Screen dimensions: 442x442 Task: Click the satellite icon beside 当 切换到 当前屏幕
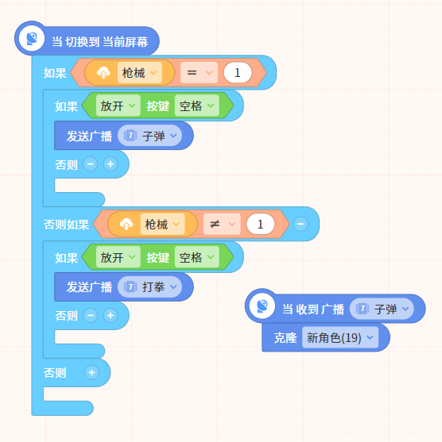[32, 38]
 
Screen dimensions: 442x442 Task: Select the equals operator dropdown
[199, 73]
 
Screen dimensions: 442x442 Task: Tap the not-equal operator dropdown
[222, 224]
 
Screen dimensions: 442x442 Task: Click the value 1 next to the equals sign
[238, 73]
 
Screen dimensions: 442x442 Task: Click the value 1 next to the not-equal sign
[261, 224]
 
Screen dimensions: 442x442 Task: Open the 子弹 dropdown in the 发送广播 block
[149, 136]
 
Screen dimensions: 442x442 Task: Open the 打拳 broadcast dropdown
[149, 287]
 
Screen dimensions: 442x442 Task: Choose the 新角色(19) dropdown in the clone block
[340, 337]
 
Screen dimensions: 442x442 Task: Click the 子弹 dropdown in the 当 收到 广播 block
[382, 309]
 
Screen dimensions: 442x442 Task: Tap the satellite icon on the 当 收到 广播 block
[262, 306]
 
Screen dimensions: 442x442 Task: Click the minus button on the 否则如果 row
[300, 224]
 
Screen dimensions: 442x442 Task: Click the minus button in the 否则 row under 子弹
[91, 164]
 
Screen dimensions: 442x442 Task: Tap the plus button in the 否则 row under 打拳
[111, 316]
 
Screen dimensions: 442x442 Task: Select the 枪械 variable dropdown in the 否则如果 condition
[162, 224]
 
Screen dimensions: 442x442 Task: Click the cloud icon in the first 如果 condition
[103, 73]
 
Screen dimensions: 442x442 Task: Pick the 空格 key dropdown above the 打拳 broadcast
[197, 257]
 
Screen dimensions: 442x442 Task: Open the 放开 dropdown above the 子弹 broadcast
[118, 106]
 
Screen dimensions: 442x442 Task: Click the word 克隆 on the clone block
[285, 338]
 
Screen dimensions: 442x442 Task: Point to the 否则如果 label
[66, 225]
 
